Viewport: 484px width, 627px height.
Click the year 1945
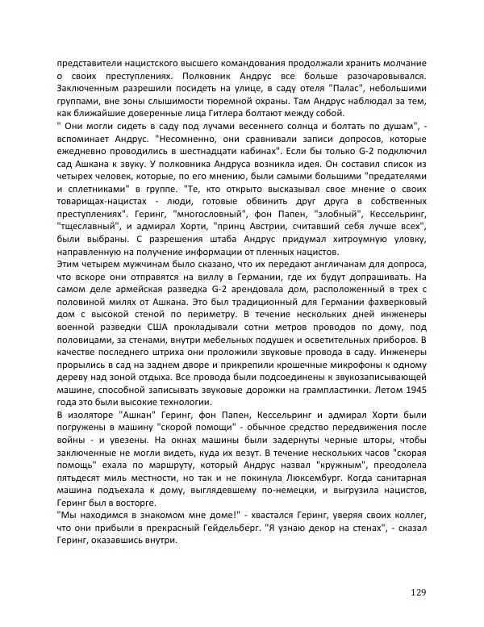tap(411, 391)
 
